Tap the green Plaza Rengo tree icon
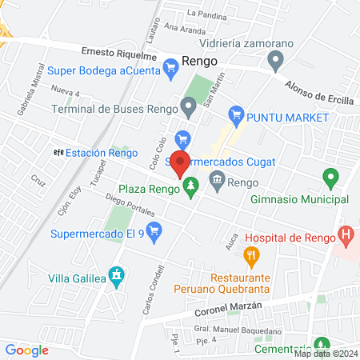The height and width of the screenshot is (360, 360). tap(190, 189)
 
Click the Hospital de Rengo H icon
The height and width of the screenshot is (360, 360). tap(346, 236)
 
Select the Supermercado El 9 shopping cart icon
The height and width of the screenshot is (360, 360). tap(156, 234)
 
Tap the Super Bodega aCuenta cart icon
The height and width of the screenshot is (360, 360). tap(170, 70)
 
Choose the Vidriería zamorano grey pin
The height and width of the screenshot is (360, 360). tap(276, 59)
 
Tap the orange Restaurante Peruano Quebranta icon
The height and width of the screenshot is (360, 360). tap(251, 257)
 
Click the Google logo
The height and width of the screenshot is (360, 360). tap(26, 350)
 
